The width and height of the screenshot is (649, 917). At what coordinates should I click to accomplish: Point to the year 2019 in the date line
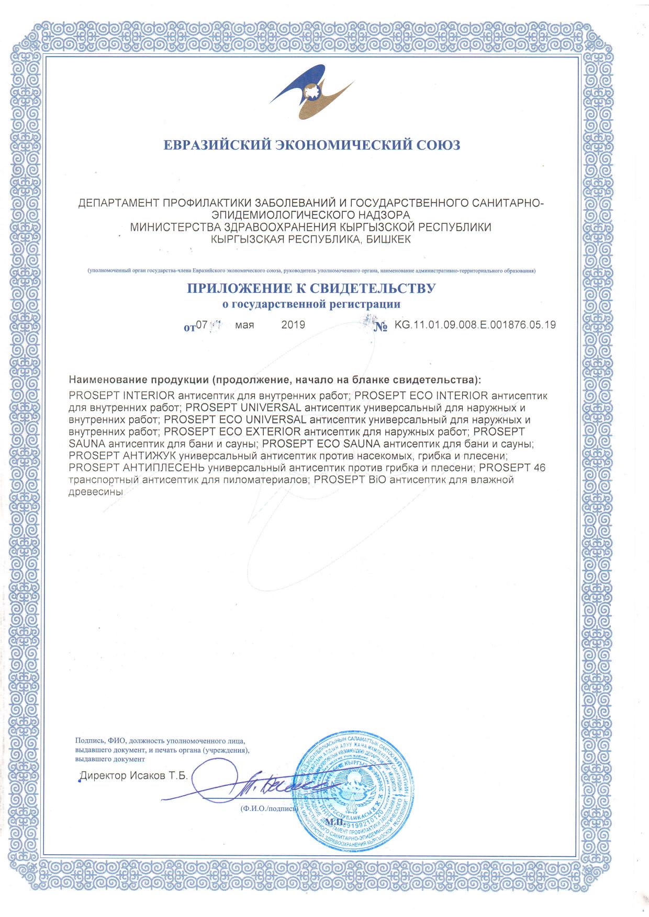(293, 325)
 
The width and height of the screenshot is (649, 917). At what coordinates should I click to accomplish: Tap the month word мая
(244, 325)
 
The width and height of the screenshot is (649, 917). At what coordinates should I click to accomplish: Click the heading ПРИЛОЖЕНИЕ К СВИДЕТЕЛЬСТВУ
(311, 288)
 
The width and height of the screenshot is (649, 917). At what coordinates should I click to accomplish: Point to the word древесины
(96, 492)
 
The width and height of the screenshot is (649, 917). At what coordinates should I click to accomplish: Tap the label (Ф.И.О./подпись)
(268, 808)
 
